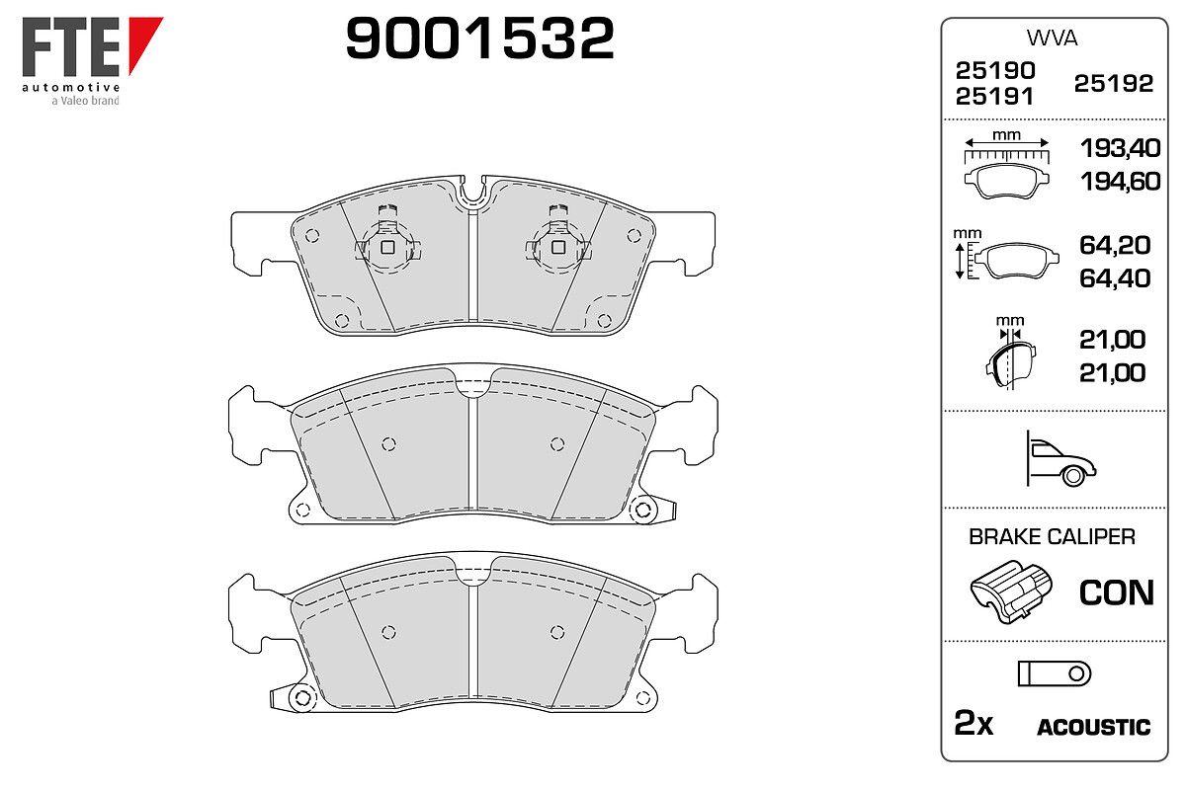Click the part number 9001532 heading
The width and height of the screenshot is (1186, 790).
479,38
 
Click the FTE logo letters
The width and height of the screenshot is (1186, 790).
70,46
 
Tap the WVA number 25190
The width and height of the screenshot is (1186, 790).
995,70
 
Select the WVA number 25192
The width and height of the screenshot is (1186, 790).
1114,84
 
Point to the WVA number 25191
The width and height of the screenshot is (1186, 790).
994,97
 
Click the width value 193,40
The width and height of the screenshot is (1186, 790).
1120,147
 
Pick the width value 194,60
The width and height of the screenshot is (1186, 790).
1120,182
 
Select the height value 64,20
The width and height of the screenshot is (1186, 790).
1115,245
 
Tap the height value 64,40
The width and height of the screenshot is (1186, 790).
1115,278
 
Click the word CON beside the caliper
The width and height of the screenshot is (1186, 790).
1116,592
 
